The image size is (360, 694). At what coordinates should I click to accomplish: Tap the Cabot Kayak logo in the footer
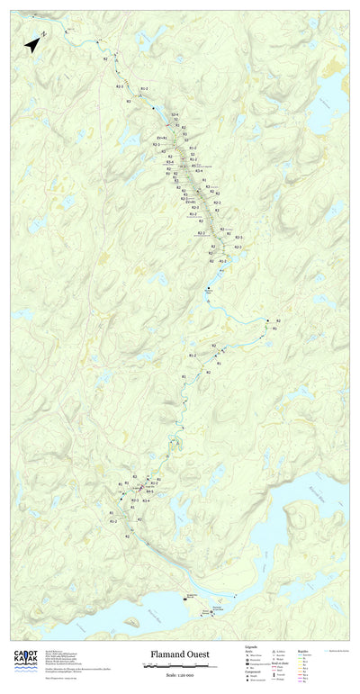point(25,661)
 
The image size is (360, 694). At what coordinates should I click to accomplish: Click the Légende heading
point(252,646)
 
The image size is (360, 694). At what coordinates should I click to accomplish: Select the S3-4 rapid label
point(175,114)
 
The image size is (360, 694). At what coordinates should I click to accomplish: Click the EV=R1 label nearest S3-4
point(163,137)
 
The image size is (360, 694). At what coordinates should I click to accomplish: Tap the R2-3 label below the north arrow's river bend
point(120,86)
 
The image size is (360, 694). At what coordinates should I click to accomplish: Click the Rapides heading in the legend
point(303,646)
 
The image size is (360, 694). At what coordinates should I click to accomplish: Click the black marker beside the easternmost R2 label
point(267,320)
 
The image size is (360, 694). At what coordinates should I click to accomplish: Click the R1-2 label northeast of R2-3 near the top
point(144,88)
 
